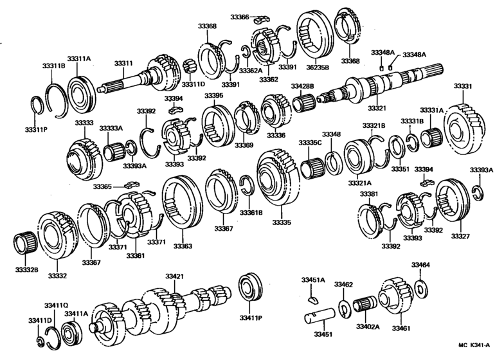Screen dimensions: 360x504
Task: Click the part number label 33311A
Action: tap(80, 59)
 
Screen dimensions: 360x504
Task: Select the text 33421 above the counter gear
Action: tap(174, 276)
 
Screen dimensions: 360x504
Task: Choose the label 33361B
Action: tap(251, 212)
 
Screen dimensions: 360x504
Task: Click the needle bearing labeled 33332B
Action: tap(25, 244)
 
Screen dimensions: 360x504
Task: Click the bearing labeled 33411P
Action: tap(247, 289)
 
